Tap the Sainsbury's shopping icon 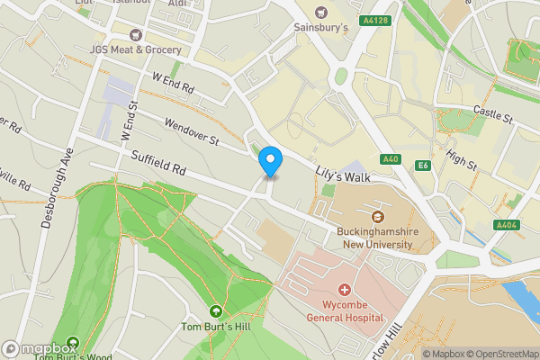tap(321, 13)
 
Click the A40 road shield tap(390, 159)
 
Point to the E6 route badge tap(422, 166)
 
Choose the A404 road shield tap(506, 225)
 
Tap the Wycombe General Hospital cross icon tap(343, 290)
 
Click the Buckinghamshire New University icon tap(377, 217)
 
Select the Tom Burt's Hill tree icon tap(215, 311)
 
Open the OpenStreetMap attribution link tap(501, 354)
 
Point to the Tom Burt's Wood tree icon tap(71, 342)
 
